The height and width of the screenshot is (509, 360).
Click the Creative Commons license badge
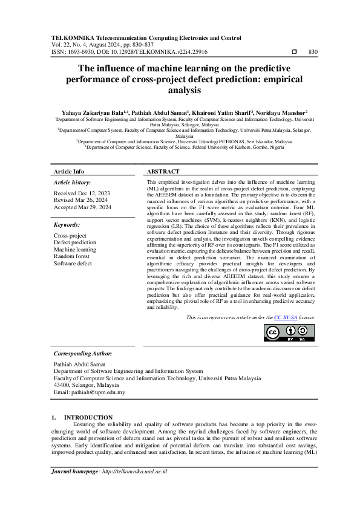[290, 333]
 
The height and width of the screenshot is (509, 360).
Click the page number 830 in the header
[313, 53]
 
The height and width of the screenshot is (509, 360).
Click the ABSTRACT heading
[162, 171]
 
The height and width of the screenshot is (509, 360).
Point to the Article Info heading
[69, 171]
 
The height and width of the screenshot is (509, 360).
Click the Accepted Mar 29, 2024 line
[82, 207]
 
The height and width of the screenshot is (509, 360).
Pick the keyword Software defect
[73, 264]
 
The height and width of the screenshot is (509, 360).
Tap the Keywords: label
[68, 225]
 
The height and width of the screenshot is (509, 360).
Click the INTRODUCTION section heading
[88, 417]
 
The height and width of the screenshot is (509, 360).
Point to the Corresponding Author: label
[83, 353]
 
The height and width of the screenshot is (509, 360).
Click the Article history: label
[73, 181]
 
